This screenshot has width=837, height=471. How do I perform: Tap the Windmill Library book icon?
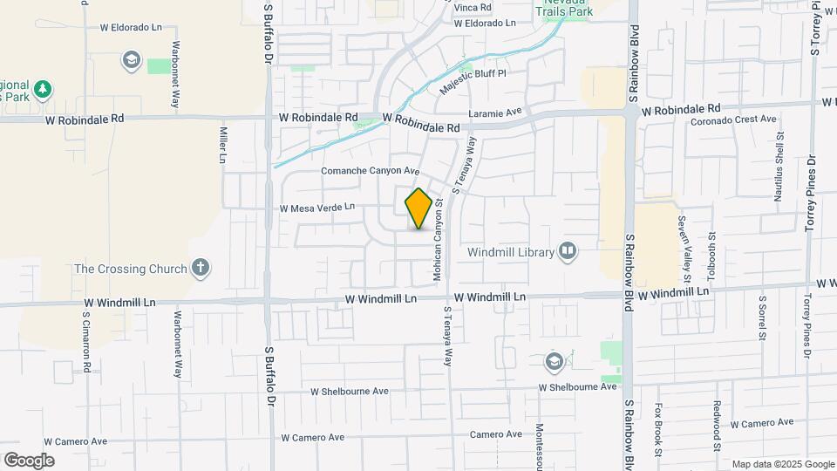[568, 252]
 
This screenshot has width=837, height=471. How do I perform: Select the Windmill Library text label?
[511, 252]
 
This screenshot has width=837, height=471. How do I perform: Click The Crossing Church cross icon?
[201, 268]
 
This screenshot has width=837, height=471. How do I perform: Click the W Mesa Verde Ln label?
[317, 208]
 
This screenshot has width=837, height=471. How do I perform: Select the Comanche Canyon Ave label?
[371, 171]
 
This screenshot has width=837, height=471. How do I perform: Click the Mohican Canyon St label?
[439, 238]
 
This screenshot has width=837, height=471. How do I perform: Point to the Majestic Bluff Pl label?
[473, 80]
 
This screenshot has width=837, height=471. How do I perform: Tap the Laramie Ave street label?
[494, 112]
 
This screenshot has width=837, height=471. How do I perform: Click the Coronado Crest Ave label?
[733, 119]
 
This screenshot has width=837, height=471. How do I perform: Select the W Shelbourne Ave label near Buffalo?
[350, 392]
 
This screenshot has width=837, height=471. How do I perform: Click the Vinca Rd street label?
[473, 7]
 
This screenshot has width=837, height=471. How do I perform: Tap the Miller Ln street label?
[223, 144]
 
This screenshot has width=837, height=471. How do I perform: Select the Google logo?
[29, 461]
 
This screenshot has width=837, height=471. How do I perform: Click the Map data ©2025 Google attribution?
[782, 464]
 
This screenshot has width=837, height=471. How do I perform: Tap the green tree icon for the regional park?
[42, 88]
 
